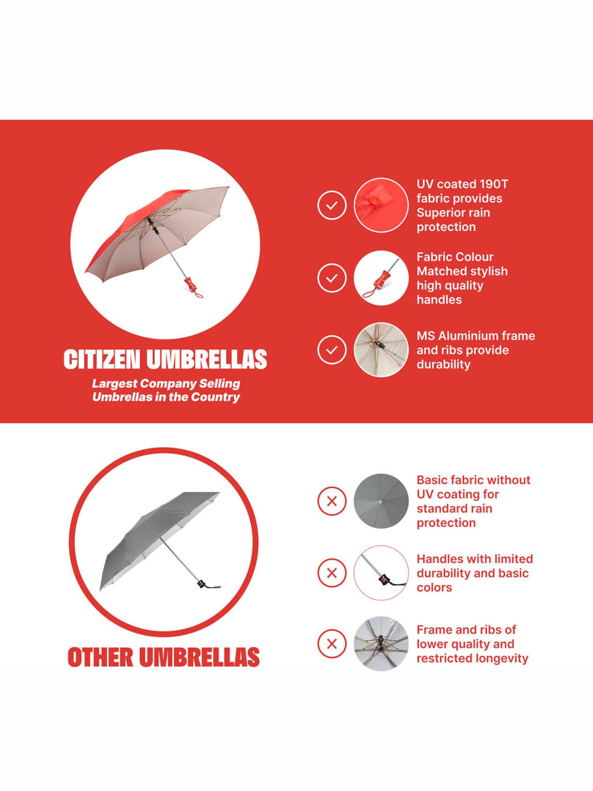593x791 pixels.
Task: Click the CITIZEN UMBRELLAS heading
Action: (165, 359)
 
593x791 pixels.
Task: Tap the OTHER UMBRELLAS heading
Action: (164, 657)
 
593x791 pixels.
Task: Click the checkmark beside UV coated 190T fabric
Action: (332, 205)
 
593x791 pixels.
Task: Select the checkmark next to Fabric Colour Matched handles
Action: (332, 278)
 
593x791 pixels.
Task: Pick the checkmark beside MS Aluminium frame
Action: (332, 350)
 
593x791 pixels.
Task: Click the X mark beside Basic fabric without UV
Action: (332, 501)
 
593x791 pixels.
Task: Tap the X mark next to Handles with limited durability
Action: (332, 573)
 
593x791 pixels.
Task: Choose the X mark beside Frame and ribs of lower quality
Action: (332, 643)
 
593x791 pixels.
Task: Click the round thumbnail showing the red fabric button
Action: (381, 205)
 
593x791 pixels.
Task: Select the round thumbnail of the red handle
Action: (381, 278)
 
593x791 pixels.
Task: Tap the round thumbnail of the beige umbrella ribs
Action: (381, 350)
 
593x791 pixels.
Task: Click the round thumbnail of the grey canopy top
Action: (381, 501)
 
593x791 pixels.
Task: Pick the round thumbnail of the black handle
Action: (381, 573)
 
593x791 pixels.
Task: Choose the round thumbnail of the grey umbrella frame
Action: (381, 643)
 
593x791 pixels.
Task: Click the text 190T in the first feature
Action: (493, 184)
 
